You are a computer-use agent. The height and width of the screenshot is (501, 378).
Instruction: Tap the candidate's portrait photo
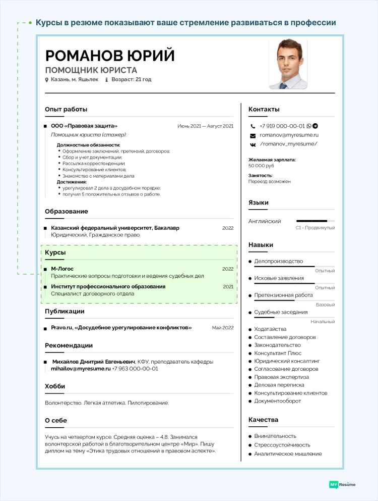[x=288, y=64]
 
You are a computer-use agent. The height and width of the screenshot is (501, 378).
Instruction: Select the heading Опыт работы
[x=66, y=109]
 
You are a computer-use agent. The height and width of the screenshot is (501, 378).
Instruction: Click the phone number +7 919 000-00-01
[x=282, y=126]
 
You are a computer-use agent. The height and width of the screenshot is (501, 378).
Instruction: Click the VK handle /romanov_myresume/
[x=288, y=144]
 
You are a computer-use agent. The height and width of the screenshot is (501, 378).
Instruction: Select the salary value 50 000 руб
[x=261, y=166]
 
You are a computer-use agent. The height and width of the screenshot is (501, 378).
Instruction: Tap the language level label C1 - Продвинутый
[x=315, y=228]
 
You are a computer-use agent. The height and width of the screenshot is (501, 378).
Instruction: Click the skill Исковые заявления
[x=279, y=278]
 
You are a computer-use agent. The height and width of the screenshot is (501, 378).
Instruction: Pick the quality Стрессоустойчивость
[x=282, y=445]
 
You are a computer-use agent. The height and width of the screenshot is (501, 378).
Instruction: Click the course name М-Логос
[x=62, y=269]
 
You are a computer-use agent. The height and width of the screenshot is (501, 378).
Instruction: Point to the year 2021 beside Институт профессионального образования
[x=228, y=286]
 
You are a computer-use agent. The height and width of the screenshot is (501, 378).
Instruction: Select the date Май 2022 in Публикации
[x=223, y=328]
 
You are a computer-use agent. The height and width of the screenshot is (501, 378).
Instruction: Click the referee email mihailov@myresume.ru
[x=81, y=369]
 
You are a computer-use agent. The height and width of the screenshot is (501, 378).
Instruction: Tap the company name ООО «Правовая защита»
[x=84, y=126]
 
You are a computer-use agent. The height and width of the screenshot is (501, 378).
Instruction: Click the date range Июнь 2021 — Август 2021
[x=205, y=126]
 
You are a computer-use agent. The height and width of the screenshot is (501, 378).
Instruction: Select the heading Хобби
[x=55, y=386]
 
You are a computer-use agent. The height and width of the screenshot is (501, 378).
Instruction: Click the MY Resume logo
[x=342, y=484]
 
